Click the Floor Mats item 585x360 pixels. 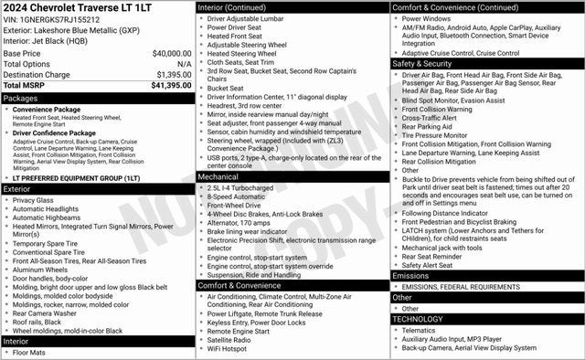(29, 352)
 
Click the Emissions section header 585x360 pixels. (410, 275)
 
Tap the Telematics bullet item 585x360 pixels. (420, 329)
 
